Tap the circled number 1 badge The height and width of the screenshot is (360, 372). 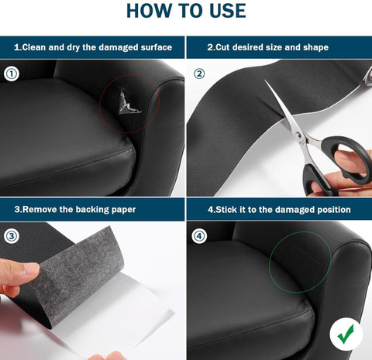pos(12,74)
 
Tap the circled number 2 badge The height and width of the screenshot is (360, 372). pos(199,74)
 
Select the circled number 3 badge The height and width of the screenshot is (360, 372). pos(12,236)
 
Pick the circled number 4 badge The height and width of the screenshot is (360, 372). pos(199,236)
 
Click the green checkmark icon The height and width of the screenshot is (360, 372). pos(346,334)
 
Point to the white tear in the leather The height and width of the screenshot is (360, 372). pos(129,102)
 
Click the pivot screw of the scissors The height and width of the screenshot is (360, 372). pos(298,135)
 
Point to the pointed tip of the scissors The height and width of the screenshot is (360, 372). pos(265,81)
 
